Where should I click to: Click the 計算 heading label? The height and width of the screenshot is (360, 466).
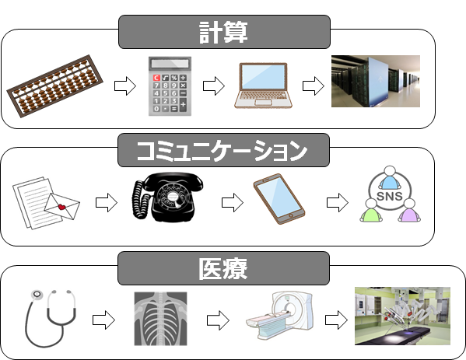[225, 33]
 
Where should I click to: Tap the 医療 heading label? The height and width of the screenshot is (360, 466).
[225, 270]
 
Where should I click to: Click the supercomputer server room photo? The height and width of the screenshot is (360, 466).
[375, 82]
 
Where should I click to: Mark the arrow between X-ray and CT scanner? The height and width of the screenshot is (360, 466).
[217, 320]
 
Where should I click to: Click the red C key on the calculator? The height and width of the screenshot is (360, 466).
[157, 78]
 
